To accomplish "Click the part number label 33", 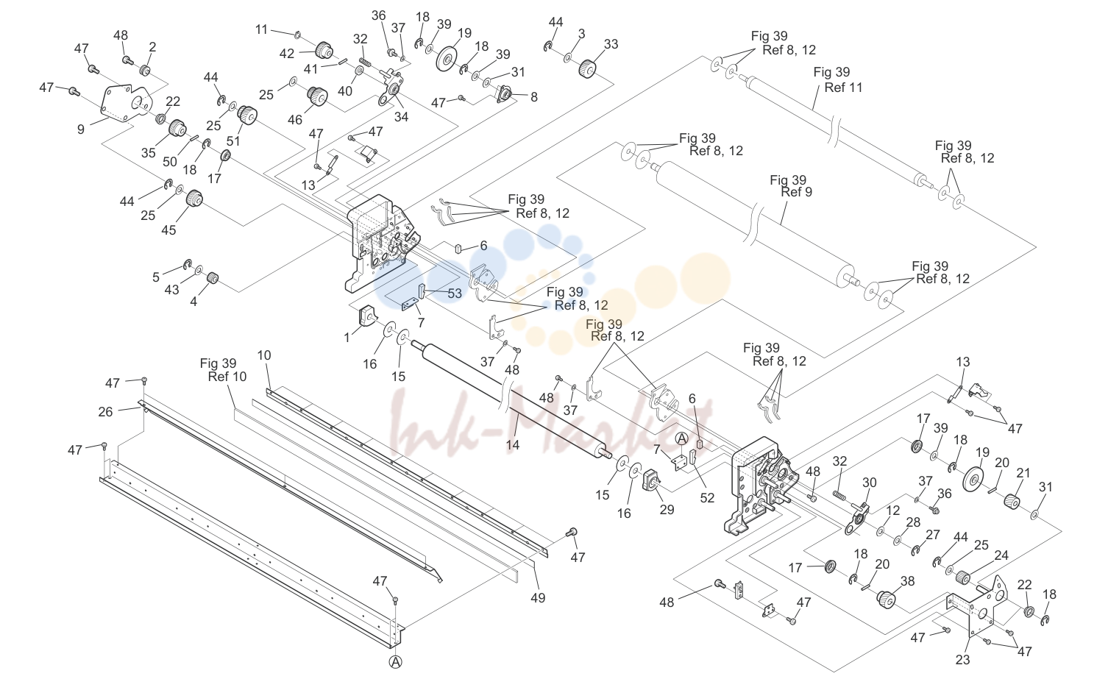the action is (x=611, y=44).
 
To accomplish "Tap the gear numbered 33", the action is (x=586, y=68).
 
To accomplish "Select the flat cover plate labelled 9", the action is (x=127, y=103).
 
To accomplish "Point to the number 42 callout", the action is (x=287, y=54).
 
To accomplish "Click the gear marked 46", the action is (x=317, y=96).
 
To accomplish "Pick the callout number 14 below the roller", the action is (x=513, y=445).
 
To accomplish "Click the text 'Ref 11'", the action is (x=843, y=88).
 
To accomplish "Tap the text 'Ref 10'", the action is (x=227, y=377).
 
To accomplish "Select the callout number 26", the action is (x=105, y=411).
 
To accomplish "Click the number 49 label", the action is (x=538, y=598).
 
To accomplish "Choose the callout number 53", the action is (x=455, y=294).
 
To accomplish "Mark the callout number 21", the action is (x=1023, y=473).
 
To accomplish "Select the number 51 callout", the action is (x=233, y=141).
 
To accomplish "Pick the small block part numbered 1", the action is (x=366, y=317).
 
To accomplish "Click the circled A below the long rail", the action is (x=396, y=661).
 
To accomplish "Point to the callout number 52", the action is (x=707, y=498).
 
